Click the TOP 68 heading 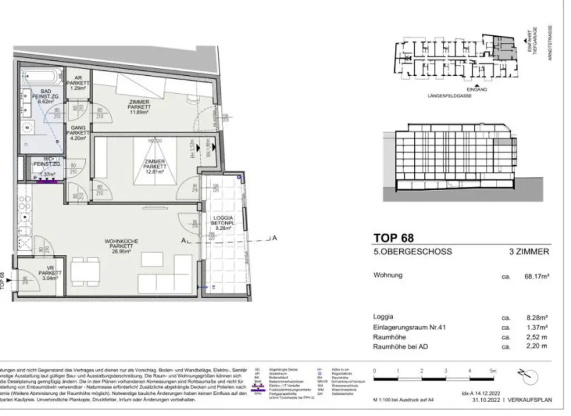point(394,239)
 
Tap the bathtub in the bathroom point(41,76)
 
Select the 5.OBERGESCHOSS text point(413,252)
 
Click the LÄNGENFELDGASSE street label point(449,96)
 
